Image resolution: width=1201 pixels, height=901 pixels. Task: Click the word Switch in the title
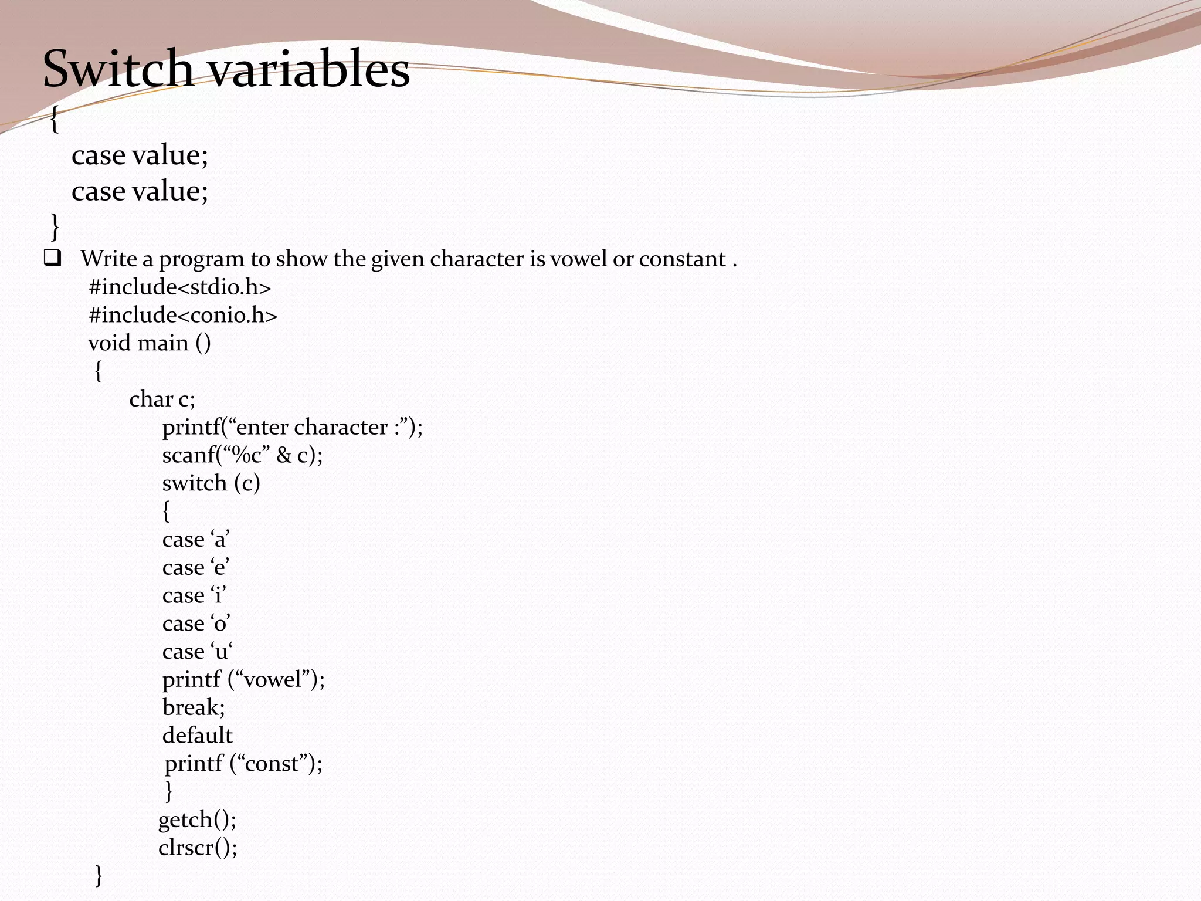click(118, 69)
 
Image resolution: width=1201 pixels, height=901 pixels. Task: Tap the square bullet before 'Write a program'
click(52, 259)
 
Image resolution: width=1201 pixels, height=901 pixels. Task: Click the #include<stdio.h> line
click(180, 287)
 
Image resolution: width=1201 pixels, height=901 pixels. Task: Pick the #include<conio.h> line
click(182, 316)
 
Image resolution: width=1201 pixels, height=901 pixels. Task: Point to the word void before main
click(109, 343)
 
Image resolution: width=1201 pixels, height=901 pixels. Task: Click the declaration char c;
click(162, 399)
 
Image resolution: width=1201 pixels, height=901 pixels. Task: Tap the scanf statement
click(242, 455)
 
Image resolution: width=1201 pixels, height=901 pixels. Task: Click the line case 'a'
click(196, 540)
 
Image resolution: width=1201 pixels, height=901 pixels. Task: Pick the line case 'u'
click(197, 652)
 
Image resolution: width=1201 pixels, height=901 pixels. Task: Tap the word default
click(197, 736)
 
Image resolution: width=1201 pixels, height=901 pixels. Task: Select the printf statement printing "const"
click(243, 764)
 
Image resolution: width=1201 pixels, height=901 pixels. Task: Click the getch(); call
click(197, 819)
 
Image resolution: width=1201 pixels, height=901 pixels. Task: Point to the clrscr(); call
click(198, 848)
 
